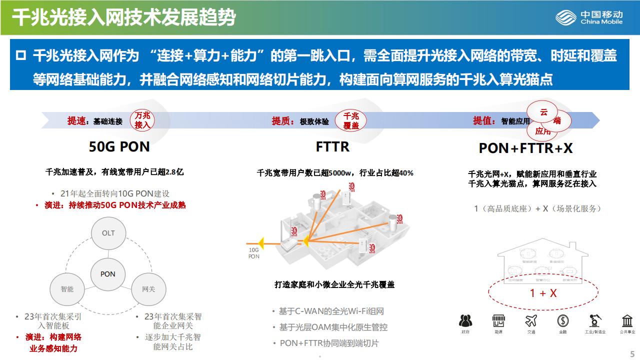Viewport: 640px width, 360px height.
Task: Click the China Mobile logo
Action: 589,17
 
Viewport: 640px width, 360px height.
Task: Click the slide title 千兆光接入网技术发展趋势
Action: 123,17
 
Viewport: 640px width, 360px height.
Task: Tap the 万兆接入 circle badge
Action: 142,120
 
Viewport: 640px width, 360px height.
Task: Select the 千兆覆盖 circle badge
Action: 351,120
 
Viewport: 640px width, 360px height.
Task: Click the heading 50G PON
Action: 119,147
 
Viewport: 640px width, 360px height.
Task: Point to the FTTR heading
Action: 332,147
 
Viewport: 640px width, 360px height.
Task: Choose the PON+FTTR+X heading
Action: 525,148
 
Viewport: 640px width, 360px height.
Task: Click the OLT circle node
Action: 108,233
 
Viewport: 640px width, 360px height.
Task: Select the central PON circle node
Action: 108,274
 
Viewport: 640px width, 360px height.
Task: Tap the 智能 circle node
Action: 67,289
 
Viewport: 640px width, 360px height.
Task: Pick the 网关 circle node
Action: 148,289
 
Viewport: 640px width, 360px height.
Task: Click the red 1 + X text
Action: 543,293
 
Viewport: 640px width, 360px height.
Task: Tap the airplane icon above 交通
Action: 531,320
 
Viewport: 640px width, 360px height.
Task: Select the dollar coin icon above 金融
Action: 563,320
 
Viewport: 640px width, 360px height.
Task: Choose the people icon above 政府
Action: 465,320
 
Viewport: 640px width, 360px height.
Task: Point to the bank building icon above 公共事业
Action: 627,320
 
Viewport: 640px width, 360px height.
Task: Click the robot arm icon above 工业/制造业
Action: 595,320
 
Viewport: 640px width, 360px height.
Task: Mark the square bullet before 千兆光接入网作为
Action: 20,55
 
